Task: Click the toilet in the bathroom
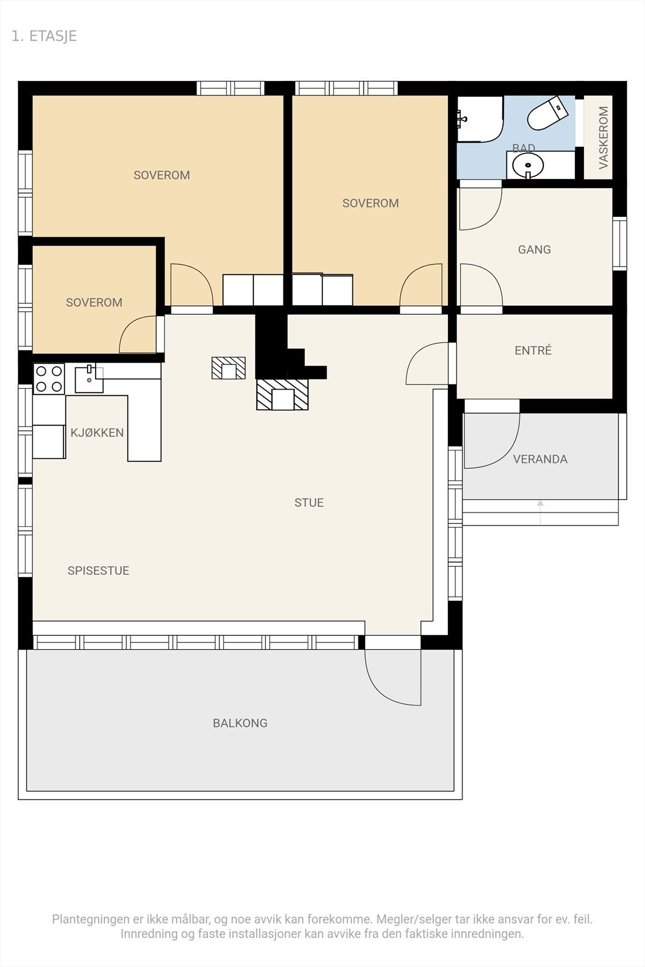pos(547,114)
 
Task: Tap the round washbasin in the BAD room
pos(528,165)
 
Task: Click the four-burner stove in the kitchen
pos(49,378)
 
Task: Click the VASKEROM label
pos(603,138)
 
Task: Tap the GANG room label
pos(534,250)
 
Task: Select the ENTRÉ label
pos(533,350)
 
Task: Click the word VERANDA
pos(540,459)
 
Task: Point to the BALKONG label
pos(240,723)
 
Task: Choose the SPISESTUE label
pos(99,571)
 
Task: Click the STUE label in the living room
pos(309,502)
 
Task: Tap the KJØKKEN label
pos(97,433)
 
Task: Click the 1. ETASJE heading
pos(44,36)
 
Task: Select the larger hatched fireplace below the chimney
pos(282,394)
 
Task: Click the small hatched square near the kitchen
pos(229,368)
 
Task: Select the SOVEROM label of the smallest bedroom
pos(94,303)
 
